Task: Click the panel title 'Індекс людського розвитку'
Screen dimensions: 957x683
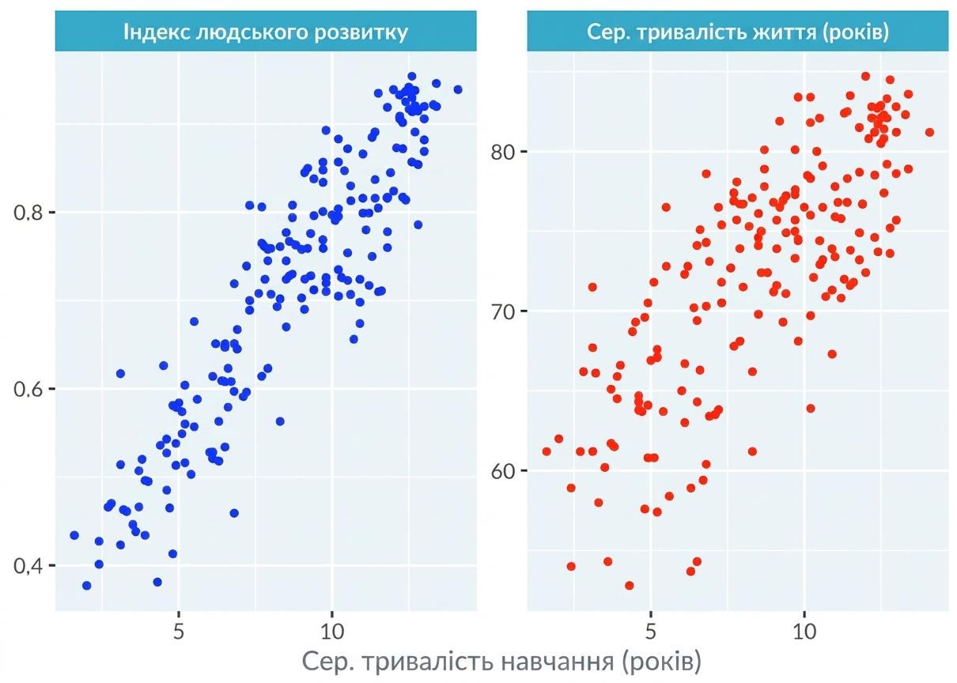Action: pos(266,32)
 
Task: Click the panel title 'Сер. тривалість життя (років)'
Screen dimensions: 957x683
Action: pos(738,32)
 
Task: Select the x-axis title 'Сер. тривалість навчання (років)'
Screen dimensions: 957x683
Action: pos(501,662)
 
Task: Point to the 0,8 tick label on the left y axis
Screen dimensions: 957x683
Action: pos(28,213)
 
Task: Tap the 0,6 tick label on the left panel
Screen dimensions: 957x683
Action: pos(28,390)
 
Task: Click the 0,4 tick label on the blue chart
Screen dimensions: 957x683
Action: pos(28,566)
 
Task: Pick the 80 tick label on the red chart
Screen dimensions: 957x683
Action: pos(503,152)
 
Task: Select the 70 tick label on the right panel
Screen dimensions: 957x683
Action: pos(503,311)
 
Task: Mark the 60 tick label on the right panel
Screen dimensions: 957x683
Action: pos(503,471)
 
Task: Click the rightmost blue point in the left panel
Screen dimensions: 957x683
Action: pos(458,89)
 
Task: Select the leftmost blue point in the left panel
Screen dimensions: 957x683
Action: pos(74,535)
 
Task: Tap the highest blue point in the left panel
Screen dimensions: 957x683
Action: pos(412,77)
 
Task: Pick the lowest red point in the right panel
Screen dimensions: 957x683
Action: pos(630,586)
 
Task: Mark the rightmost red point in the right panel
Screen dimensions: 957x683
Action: pos(929,133)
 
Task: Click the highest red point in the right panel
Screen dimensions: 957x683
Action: pos(865,77)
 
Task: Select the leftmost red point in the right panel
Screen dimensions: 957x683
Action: pos(547,451)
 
